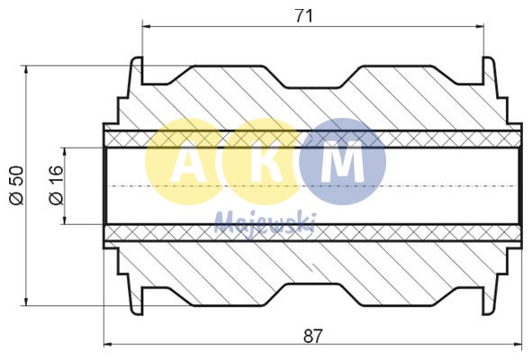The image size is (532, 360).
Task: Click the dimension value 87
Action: click(311, 337)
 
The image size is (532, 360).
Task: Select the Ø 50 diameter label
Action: click(15, 185)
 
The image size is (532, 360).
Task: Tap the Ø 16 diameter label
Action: click(55, 185)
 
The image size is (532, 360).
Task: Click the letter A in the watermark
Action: click(187, 163)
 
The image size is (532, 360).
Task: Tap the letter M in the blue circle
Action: click(343, 163)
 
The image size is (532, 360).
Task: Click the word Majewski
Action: click(265, 221)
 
